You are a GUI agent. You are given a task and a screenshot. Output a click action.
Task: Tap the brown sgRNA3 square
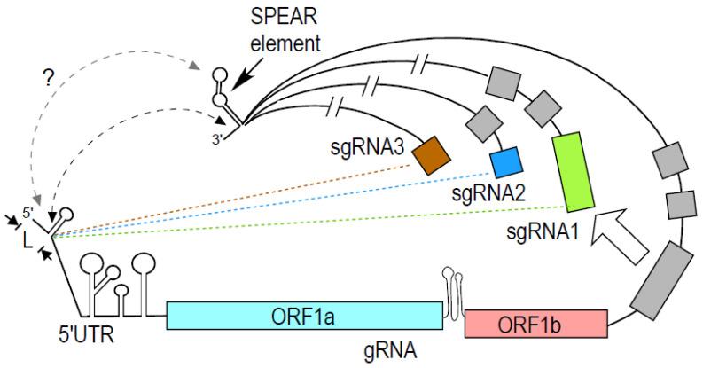(432, 153)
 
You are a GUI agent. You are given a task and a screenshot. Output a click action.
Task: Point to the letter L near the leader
(27, 239)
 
